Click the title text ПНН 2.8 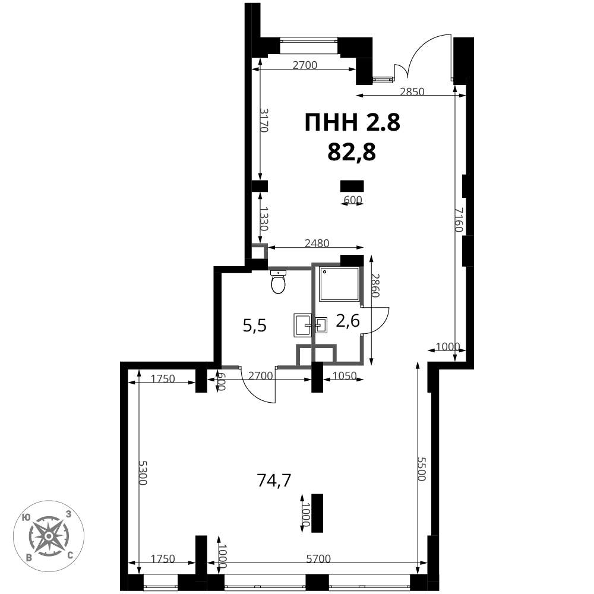(352, 123)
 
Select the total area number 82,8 (352, 152)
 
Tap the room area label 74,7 (274, 481)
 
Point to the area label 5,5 (255, 326)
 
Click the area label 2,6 (347, 321)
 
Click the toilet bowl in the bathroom (279, 282)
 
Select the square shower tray (339, 284)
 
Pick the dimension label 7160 (459, 220)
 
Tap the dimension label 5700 (318, 558)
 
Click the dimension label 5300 (143, 472)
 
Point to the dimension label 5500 (422, 469)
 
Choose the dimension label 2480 (317, 243)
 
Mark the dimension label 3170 (264, 120)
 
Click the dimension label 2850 (412, 91)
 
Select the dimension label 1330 (264, 219)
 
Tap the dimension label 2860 (375, 285)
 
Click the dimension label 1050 (345, 375)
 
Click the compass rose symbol (49, 536)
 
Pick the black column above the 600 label (352, 186)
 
